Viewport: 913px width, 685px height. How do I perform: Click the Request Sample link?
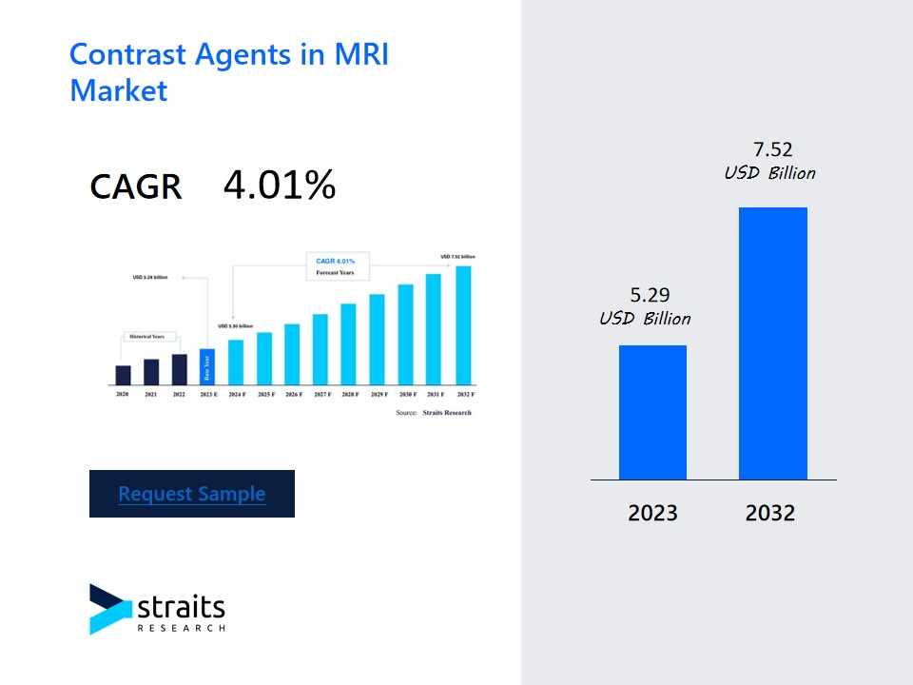tap(192, 494)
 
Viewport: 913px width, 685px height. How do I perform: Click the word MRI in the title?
tap(360, 54)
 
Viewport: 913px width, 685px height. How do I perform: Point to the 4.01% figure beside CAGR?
tap(280, 186)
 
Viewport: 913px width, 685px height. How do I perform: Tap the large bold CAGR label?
tap(136, 186)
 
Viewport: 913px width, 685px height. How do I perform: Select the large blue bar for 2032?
tap(772, 342)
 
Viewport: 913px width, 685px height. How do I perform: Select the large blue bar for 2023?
tap(652, 412)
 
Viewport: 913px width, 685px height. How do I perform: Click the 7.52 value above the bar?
tap(772, 149)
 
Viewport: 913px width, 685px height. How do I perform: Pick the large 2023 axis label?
tap(652, 514)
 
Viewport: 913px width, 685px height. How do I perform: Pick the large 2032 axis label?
tap(770, 514)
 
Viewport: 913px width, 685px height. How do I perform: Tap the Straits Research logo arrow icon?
tap(109, 608)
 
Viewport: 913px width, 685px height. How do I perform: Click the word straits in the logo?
tap(182, 607)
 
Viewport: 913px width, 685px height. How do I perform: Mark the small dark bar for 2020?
tap(123, 375)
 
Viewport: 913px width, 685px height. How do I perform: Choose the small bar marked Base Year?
tap(207, 366)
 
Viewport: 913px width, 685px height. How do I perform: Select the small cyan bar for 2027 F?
tap(321, 348)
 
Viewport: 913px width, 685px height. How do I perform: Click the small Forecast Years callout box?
tap(337, 266)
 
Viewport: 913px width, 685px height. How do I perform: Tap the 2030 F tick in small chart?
tap(406, 394)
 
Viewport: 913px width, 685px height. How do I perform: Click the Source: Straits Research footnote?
tap(433, 413)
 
